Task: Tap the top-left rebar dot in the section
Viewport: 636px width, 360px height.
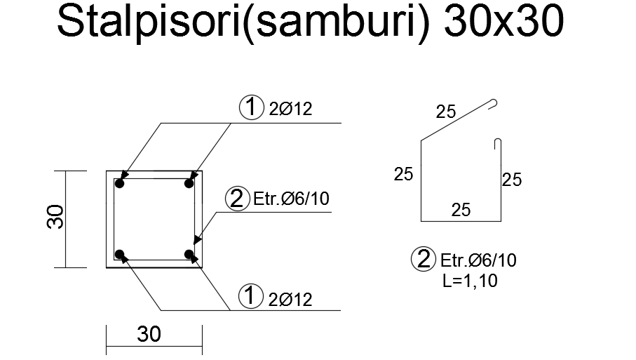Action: point(120,184)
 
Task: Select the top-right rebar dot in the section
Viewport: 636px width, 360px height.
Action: point(189,184)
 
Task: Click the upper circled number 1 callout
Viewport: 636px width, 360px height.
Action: point(250,108)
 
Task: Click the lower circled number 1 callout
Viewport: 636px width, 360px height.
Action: point(250,296)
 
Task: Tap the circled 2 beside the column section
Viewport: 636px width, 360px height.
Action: point(236,199)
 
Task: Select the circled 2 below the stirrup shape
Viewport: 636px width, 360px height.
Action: point(423,260)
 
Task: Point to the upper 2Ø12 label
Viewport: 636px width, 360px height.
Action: point(290,109)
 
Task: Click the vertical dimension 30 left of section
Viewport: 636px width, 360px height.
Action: point(56,218)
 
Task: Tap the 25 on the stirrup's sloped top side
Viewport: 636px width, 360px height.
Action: point(446,111)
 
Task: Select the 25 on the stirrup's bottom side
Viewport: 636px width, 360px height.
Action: point(461,209)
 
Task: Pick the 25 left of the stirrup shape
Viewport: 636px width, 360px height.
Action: point(403,173)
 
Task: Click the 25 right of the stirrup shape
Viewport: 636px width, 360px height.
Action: point(512,180)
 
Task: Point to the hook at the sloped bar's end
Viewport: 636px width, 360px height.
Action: point(495,104)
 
